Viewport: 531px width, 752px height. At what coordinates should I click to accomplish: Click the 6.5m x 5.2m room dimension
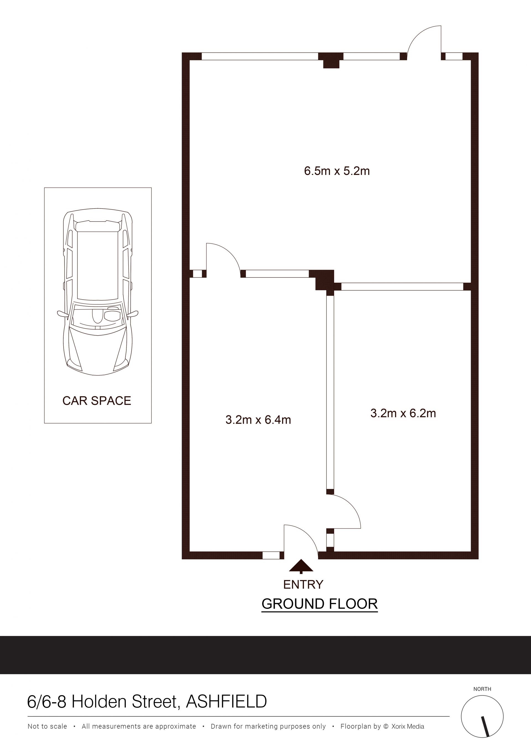point(337,171)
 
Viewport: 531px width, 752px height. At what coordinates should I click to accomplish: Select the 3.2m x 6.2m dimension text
point(403,413)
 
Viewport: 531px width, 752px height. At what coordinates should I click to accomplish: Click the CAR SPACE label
point(97,401)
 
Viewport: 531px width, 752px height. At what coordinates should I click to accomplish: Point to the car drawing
point(98,292)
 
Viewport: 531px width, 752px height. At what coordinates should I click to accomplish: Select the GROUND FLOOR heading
point(320,604)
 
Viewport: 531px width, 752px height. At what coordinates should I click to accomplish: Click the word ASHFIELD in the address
point(227,702)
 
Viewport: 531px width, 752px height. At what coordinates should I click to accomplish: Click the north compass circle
point(482,717)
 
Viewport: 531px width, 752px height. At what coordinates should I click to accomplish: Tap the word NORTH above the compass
point(482,689)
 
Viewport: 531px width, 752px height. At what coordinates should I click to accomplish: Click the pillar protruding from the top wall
point(331,61)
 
